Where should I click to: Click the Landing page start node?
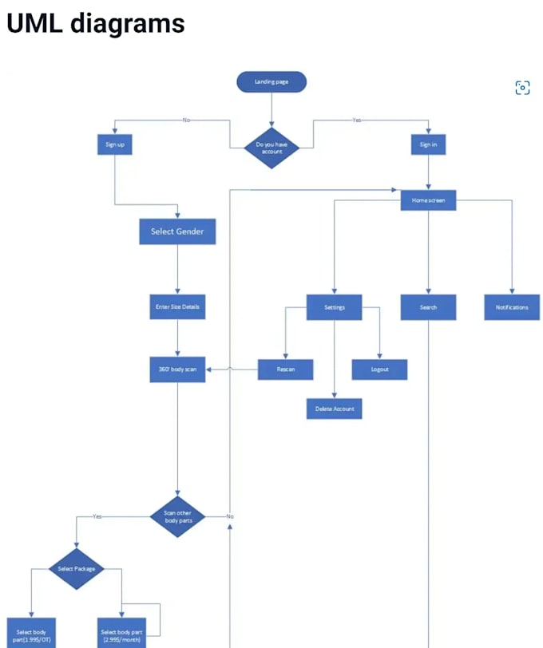click(271, 81)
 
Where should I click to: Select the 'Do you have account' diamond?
click(271, 148)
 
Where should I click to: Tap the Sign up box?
click(114, 144)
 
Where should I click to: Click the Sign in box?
click(428, 144)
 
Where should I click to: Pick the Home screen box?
click(428, 200)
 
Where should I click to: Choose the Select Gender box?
click(177, 231)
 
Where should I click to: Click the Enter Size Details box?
click(177, 306)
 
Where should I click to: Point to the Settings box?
click(334, 307)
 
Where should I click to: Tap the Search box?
click(428, 307)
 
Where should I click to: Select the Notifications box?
click(511, 307)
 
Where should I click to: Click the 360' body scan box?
click(177, 369)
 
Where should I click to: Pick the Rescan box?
click(285, 369)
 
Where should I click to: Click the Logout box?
click(379, 369)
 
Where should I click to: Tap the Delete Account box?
click(334, 409)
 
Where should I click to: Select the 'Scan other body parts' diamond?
click(177, 516)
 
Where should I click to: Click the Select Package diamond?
click(77, 568)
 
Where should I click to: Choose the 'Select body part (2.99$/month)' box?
click(121, 634)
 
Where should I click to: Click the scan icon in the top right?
click(522, 88)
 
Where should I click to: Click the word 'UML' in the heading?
click(34, 23)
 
